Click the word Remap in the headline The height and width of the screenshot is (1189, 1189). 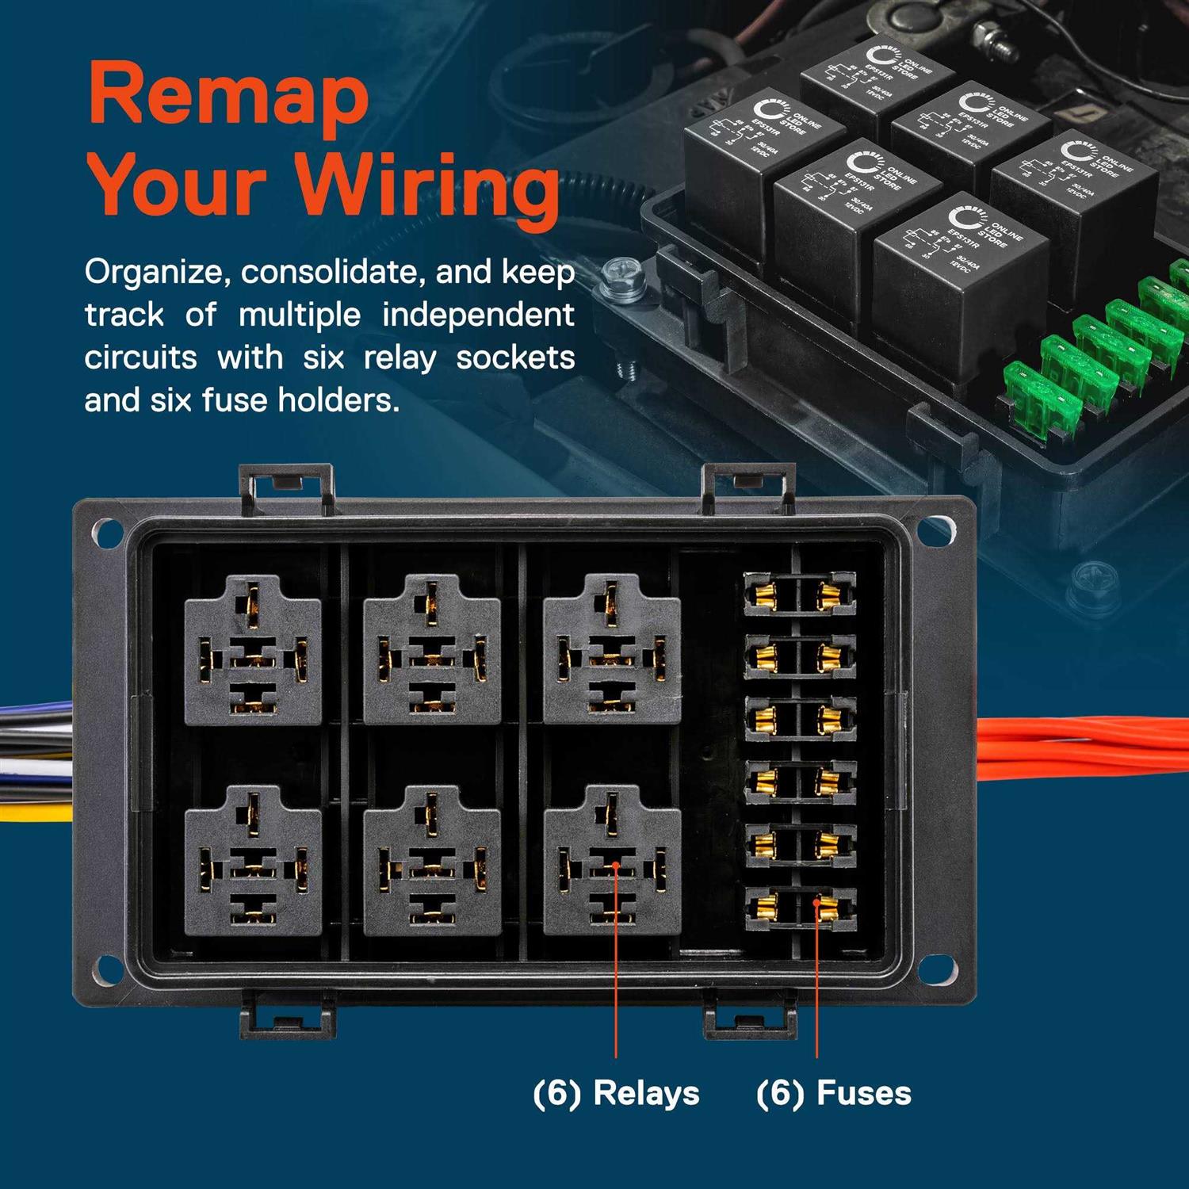click(230, 95)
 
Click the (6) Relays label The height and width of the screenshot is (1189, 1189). click(616, 1093)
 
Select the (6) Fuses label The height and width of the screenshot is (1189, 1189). click(833, 1093)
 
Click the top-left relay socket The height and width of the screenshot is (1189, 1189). click(253, 651)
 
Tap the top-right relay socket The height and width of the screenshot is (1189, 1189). click(612, 651)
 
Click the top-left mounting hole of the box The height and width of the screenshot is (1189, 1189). click(106, 531)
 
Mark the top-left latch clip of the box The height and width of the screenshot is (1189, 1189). click(286, 485)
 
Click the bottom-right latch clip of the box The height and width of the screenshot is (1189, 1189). click(749, 1018)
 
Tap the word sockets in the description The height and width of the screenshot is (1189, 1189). click(515, 357)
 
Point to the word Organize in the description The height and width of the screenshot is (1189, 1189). click(155, 272)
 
